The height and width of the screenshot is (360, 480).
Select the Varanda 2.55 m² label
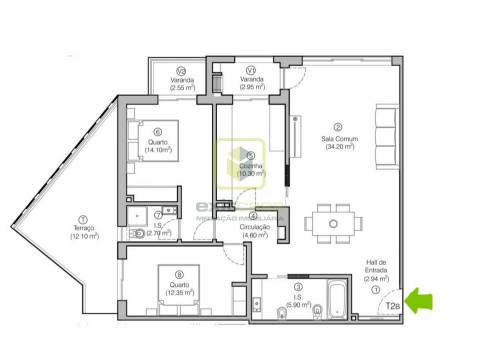[x=181, y=84]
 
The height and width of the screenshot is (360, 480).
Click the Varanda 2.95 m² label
[x=251, y=84]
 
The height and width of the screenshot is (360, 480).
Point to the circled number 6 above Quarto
[x=158, y=130]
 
